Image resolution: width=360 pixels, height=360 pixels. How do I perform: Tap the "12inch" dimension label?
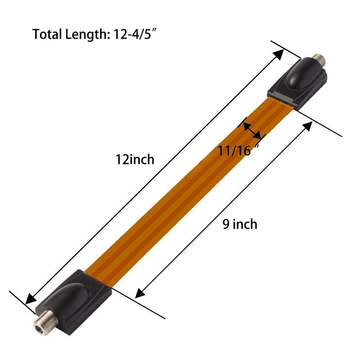click(x=135, y=159)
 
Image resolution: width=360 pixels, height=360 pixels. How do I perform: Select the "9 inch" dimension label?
click(x=240, y=224)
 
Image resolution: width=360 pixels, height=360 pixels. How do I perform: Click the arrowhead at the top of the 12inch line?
click(x=279, y=54)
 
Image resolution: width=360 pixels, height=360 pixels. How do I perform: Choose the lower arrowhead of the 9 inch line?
click(x=139, y=293)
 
